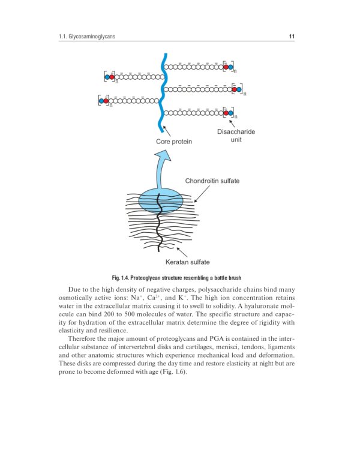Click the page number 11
tap(292, 37)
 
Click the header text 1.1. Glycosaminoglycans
tap(84, 37)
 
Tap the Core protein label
tap(174, 142)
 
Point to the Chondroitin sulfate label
tap(212, 181)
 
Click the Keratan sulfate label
tap(187, 262)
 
